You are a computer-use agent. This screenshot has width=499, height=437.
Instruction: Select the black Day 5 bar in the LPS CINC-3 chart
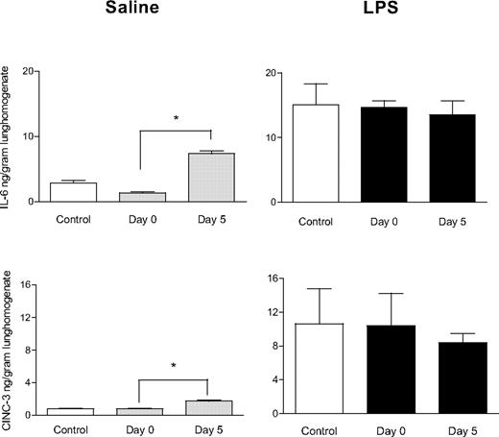pos(458,378)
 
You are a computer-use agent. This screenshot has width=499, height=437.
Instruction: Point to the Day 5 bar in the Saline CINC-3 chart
pos(209,407)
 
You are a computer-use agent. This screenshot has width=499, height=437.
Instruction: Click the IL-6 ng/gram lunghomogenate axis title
pos(9,134)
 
